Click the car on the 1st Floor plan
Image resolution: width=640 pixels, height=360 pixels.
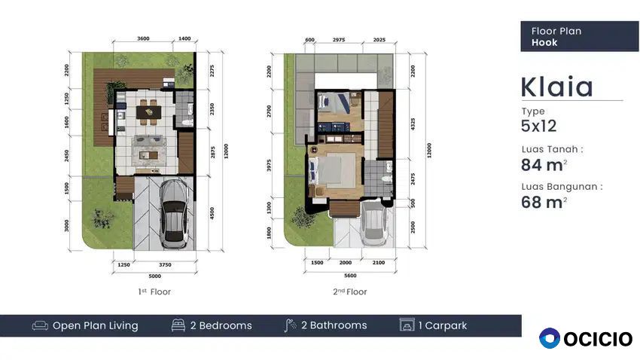click(x=175, y=215)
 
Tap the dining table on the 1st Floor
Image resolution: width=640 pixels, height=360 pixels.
click(x=148, y=111)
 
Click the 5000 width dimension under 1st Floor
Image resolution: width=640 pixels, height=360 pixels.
click(x=154, y=276)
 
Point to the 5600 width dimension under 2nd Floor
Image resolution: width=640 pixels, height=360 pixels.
click(x=350, y=276)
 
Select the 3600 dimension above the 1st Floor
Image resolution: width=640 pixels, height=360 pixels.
click(x=143, y=38)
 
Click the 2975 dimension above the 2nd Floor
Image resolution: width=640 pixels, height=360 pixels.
click(x=339, y=40)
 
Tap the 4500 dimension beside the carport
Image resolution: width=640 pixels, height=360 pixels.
click(x=212, y=213)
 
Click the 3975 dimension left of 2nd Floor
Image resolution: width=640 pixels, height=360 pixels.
click(x=269, y=165)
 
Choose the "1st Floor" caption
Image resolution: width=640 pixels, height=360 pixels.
click(x=154, y=291)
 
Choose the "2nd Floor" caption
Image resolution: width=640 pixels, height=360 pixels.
click(x=350, y=291)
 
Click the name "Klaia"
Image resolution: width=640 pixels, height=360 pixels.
click(x=556, y=87)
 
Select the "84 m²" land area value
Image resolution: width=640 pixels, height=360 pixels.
click(x=544, y=165)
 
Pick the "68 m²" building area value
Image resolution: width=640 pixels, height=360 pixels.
click(x=544, y=202)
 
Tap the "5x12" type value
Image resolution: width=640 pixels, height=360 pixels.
click(x=539, y=126)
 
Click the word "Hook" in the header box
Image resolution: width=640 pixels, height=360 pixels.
click(x=544, y=42)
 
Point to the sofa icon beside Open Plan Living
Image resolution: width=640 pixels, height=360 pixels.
click(x=40, y=325)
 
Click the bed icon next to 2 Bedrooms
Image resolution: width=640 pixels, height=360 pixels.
click(x=178, y=325)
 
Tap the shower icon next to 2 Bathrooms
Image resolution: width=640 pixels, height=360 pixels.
click(x=290, y=325)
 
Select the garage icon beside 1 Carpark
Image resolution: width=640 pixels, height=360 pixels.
click(x=407, y=325)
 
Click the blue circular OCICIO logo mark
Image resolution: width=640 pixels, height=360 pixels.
click(x=550, y=338)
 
